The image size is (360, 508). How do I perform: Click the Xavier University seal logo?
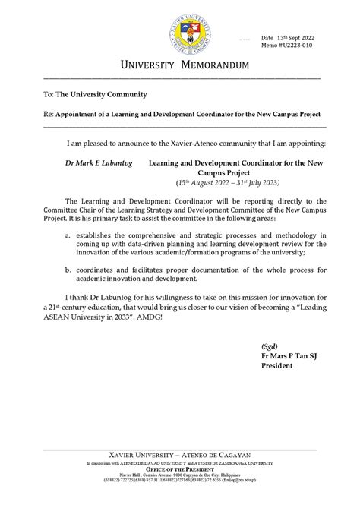pyautogui.click(x=179, y=30)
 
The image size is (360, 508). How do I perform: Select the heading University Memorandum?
pyautogui.click(x=180, y=67)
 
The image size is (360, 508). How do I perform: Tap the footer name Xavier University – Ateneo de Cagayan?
pyautogui.click(x=180, y=462)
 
